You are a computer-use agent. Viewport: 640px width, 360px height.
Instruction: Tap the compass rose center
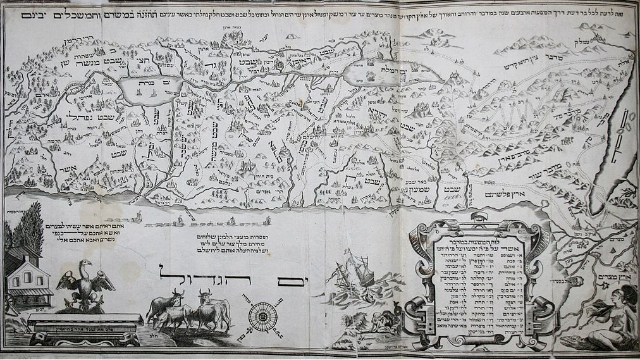(262, 316)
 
